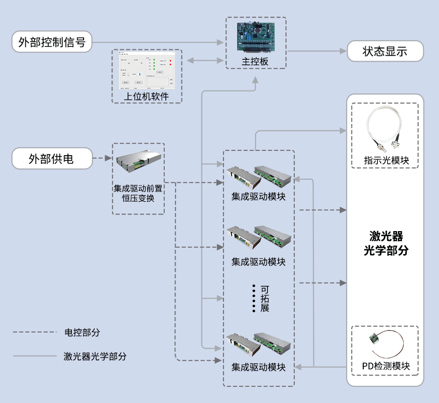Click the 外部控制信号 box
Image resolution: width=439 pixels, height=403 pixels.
[52, 42]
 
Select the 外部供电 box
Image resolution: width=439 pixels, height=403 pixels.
[52, 159]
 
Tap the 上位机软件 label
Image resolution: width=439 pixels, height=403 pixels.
[146, 96]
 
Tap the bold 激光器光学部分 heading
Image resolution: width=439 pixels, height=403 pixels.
[386, 243]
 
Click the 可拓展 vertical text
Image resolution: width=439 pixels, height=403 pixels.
[264, 298]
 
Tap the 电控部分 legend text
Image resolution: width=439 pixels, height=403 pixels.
[82, 332]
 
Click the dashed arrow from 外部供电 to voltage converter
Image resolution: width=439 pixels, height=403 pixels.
[102, 159]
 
